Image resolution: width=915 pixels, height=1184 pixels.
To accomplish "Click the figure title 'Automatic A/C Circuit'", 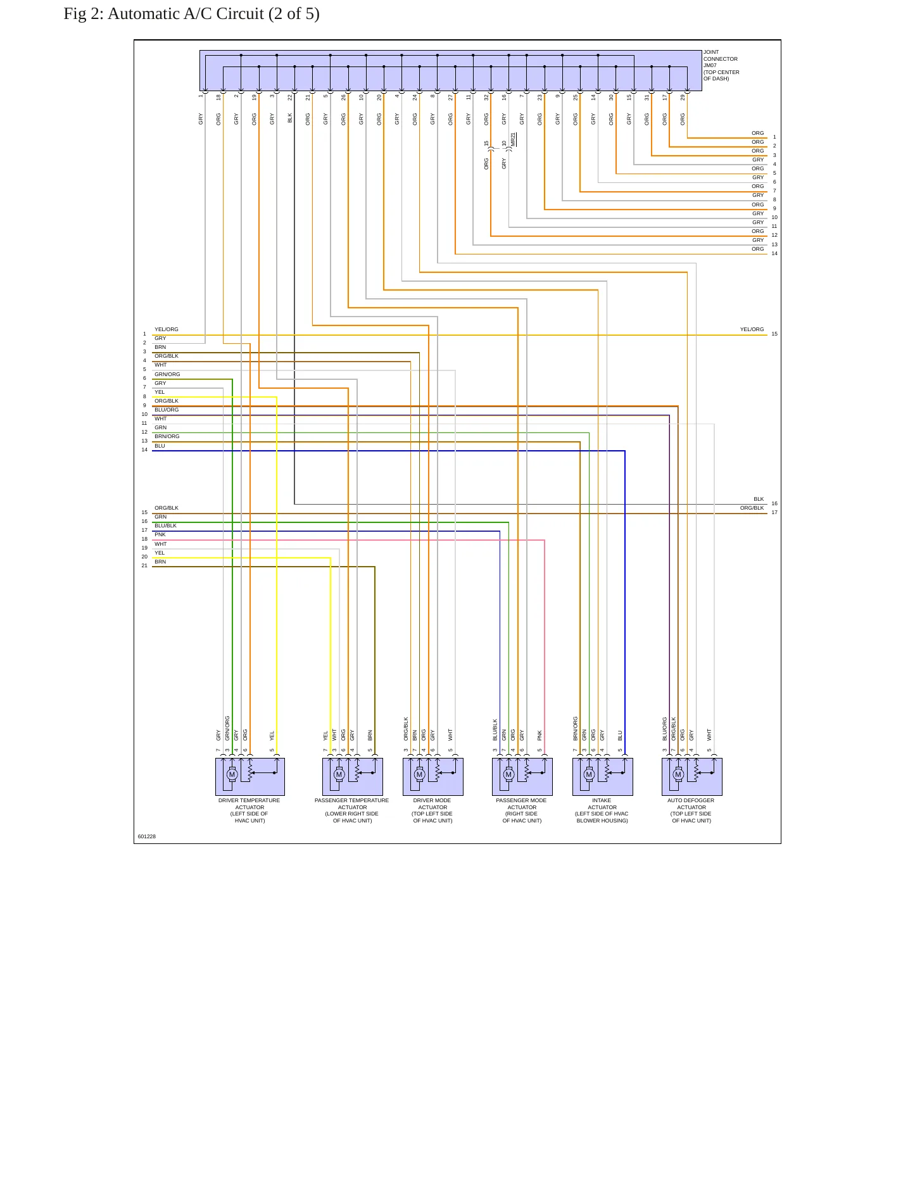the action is pos(186,14).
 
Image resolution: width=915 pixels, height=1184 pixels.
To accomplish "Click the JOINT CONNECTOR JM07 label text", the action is pos(721,65).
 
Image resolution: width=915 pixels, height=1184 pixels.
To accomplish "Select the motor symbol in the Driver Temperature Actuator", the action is pos(232,774).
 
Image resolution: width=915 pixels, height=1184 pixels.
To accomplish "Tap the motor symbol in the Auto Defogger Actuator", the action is pos(678,774).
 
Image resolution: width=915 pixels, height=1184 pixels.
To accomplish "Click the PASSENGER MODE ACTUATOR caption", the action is pos(522,810).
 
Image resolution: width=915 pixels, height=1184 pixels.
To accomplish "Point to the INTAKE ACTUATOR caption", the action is pos(602,810).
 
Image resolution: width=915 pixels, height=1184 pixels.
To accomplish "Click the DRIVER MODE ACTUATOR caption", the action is pos(432,810).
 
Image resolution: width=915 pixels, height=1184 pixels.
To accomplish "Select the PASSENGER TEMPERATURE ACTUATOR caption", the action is pos(352,810).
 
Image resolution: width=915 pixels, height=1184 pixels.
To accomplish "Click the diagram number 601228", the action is pos(147,836).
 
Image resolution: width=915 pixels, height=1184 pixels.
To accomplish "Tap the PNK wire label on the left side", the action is pos(160,534).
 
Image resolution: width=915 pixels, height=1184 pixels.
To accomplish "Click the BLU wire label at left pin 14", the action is pos(160,446).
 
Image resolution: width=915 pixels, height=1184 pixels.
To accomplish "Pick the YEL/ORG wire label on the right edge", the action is pos(752,329).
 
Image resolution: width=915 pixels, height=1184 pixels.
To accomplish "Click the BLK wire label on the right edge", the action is pos(759,499).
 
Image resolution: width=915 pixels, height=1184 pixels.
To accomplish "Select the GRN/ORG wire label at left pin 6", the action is pos(167,374).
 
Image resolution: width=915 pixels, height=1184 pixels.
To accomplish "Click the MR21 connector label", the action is pos(514,140).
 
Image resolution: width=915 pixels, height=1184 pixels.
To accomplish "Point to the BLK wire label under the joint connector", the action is pos(290,118).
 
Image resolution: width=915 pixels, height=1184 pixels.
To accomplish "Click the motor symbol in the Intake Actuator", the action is pos(589,774).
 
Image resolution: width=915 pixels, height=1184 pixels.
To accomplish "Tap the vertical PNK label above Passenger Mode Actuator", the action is pos(540,735).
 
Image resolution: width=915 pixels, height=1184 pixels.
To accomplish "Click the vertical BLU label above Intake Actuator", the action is pos(621,736).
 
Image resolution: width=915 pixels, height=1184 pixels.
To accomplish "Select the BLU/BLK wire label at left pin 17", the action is pos(166,526).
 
